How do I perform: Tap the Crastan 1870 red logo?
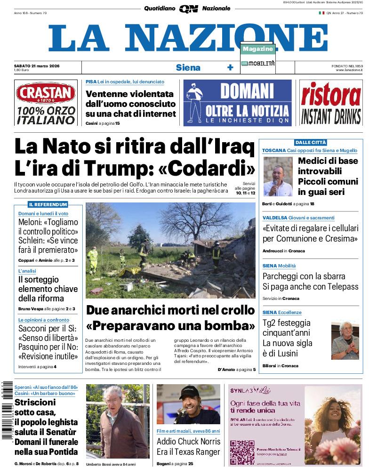tap(45, 93)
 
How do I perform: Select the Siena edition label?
tap(188, 67)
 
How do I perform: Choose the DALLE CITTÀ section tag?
tap(310, 142)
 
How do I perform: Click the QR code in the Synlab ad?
tap(242, 452)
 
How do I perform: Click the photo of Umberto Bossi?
tap(117, 421)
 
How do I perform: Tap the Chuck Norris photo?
tap(188, 404)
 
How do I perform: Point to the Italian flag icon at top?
tap(321, 13)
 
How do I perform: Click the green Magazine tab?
tap(258, 49)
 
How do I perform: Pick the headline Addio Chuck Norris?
tap(188, 442)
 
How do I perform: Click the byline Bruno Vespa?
tap(31, 309)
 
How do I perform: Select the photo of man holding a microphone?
tap(277, 177)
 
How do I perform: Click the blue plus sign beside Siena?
tap(230, 67)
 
